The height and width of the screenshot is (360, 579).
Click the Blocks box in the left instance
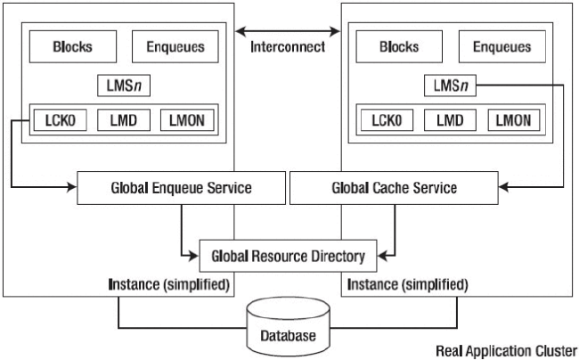pos(73,47)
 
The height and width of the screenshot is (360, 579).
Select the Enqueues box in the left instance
pos(175,47)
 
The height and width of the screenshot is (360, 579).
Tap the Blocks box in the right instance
pos(398,47)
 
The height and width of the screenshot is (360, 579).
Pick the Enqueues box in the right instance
pos(501,47)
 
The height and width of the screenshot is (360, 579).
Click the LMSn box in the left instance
pos(123,86)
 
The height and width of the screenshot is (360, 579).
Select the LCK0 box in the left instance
pos(59,119)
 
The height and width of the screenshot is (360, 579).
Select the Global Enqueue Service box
pos(181,188)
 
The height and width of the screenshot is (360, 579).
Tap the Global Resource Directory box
pos(289,257)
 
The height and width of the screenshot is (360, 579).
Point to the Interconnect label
pos(289,47)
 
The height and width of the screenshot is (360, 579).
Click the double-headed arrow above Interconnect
pos(289,31)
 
